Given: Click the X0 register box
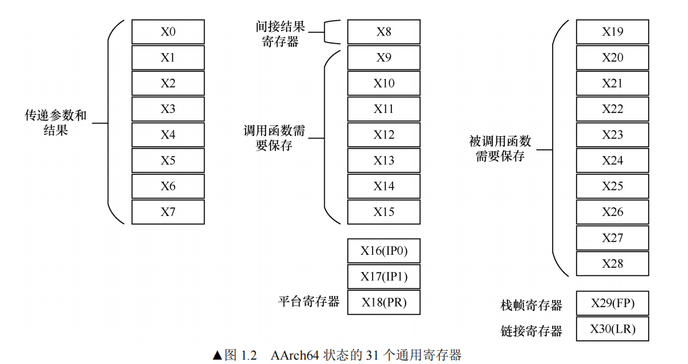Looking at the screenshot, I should point(168,32).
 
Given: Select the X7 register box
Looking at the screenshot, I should point(168,212).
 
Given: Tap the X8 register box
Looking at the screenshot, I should point(383,32).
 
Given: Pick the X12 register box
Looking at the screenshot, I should point(383,135).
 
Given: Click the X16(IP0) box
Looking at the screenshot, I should point(383,251).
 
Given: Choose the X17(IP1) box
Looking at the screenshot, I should point(383,277).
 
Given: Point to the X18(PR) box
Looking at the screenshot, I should point(383,302).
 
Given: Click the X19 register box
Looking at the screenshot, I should point(612,32).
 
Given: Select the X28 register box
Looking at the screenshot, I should point(612,263).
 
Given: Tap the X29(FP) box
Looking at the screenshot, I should point(612,304).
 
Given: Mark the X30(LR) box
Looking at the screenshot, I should point(612,329).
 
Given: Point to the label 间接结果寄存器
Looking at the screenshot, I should point(280,34).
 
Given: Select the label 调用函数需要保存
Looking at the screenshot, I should point(274,138).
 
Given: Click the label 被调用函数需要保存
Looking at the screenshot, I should point(500,149).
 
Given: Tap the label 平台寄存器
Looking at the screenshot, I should point(308,302).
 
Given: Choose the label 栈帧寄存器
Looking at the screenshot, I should point(531,305).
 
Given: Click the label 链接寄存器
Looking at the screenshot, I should point(531,331).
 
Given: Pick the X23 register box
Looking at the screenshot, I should point(612,135).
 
